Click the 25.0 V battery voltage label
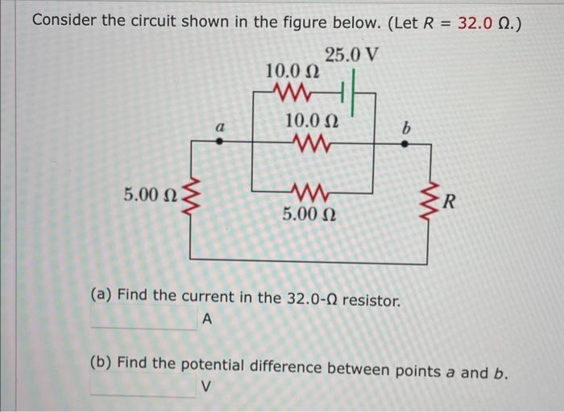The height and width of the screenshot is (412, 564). [x=352, y=56]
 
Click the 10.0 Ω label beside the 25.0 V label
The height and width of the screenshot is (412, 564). [x=292, y=71]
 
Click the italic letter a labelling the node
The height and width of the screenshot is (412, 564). [x=219, y=127]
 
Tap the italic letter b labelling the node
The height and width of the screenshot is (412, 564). [x=406, y=127]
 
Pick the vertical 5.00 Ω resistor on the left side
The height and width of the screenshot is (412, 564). [x=192, y=195]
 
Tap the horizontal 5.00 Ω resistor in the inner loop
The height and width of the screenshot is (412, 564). [x=310, y=192]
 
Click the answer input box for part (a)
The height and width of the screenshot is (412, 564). [x=143, y=319]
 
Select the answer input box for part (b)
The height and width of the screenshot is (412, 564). [x=143, y=387]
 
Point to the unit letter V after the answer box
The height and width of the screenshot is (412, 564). [x=205, y=388]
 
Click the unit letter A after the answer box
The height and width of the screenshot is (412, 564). [x=206, y=320]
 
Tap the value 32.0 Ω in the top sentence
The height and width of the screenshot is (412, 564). [x=486, y=23]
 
